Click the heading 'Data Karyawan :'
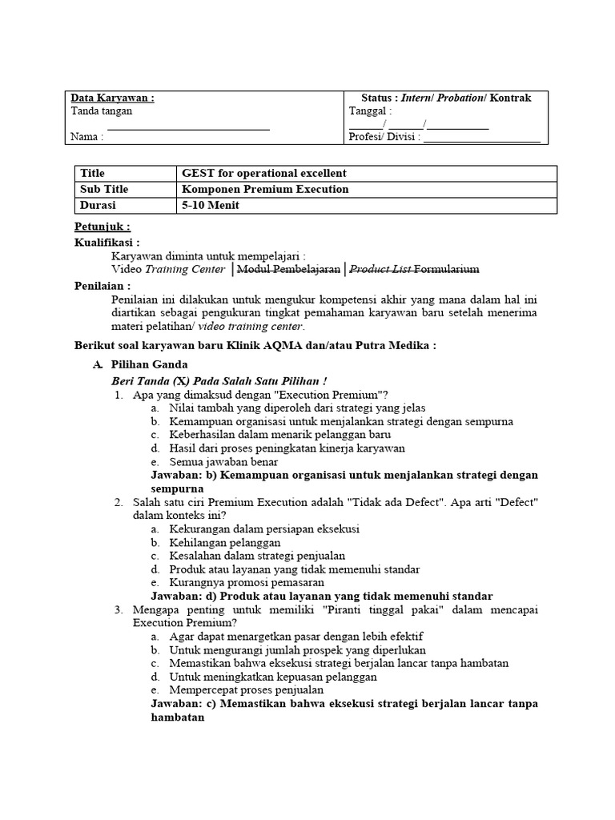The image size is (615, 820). (113, 98)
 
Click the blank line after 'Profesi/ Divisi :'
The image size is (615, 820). (481, 137)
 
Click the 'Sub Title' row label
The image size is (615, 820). (104, 190)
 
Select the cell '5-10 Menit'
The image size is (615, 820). (211, 206)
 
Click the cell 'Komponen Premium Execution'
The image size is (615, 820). (266, 190)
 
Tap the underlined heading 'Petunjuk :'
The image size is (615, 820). (102, 227)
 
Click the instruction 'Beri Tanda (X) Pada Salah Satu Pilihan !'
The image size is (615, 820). (220, 380)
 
